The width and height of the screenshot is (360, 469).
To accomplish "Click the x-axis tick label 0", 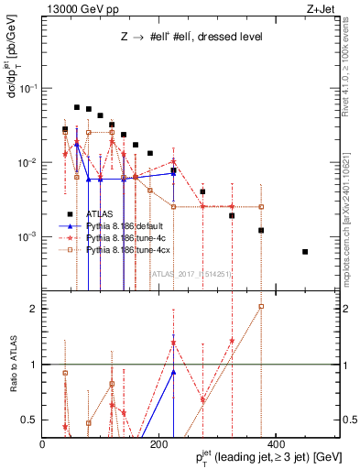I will coord(43,444).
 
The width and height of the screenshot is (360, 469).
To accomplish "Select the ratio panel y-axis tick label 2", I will coord(35,308).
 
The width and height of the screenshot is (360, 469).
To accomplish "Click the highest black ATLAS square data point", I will coord(77,107).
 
